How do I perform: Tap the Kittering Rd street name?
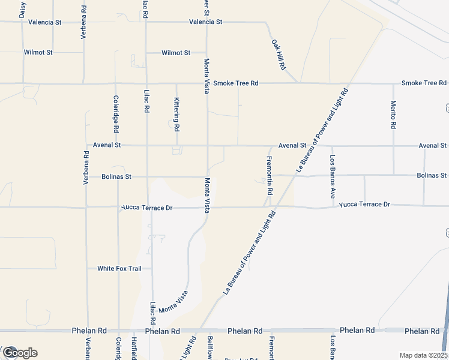177,115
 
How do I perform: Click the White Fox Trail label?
119,268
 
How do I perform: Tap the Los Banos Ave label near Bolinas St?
332,176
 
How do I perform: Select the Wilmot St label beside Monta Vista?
176,53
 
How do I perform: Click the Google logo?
19,353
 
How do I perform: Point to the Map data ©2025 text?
423,355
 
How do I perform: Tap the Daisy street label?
23,10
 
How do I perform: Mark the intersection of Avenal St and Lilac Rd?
147,145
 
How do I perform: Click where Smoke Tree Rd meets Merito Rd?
394,83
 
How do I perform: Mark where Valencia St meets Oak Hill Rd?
266,22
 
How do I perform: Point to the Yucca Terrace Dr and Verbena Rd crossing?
86,208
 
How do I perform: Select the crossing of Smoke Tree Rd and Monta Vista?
207,83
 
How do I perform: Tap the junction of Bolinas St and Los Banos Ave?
332,176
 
